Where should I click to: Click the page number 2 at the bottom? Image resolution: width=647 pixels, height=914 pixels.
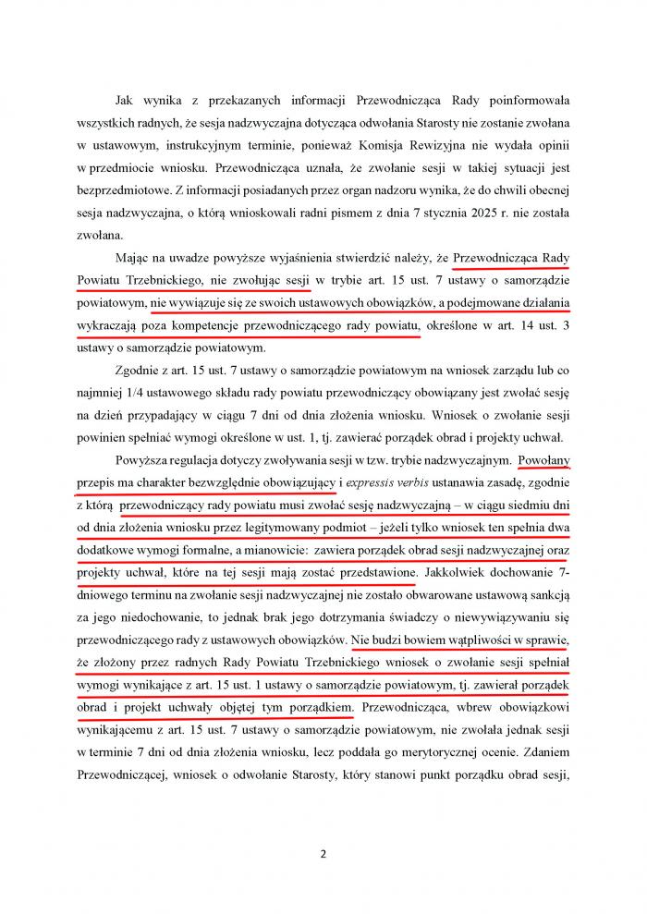[323, 854]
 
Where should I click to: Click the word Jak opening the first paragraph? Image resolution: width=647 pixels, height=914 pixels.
[124, 99]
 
